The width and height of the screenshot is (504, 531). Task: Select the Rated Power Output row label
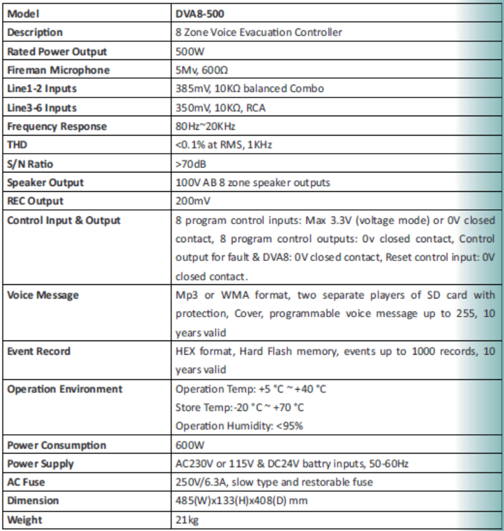57,52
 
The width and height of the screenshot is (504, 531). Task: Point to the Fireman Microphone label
58,70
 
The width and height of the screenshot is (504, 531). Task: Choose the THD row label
19,145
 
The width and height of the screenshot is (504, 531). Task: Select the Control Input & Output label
63,220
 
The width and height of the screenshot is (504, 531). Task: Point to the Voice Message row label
43,295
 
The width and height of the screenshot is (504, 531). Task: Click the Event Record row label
39,351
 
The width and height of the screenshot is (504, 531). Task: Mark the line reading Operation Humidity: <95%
239,426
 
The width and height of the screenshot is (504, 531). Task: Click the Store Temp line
239,408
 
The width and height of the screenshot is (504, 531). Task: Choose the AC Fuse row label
28,483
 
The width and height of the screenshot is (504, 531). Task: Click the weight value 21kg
187,520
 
